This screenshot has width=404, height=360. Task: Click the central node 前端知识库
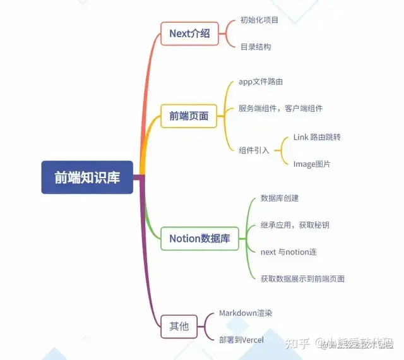(87, 177)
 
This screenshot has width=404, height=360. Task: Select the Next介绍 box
(189, 33)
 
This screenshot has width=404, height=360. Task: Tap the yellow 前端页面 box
(189, 116)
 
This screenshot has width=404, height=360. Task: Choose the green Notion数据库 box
(199, 239)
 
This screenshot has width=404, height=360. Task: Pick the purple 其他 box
(179, 326)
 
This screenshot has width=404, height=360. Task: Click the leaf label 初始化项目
(259, 20)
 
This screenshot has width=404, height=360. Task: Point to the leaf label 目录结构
(256, 47)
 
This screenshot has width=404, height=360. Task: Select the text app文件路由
(260, 82)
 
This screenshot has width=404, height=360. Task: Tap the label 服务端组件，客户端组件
(280, 109)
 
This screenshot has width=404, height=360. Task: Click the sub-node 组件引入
(254, 150)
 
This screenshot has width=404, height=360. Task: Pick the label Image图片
(312, 164)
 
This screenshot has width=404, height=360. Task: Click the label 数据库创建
(280, 198)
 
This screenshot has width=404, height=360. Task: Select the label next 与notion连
(288, 252)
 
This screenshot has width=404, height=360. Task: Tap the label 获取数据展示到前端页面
(302, 279)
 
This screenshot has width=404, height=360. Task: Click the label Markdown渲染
(246, 313)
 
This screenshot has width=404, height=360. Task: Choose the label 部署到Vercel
(241, 340)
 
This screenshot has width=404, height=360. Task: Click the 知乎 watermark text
(297, 343)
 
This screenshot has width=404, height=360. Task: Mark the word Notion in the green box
(184, 239)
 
